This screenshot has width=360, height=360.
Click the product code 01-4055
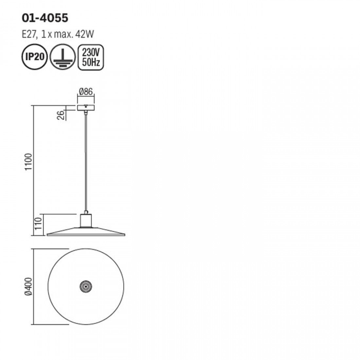click(x=45, y=18)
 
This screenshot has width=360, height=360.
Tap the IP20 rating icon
click(x=34, y=57)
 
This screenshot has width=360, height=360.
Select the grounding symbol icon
click(x=63, y=57)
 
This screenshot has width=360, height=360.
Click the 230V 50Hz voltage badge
click(x=91, y=57)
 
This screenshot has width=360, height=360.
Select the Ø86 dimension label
click(x=86, y=92)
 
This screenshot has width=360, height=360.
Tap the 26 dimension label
click(x=61, y=115)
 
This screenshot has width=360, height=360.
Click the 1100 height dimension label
click(x=29, y=162)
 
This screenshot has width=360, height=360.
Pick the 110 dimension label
click(x=38, y=224)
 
